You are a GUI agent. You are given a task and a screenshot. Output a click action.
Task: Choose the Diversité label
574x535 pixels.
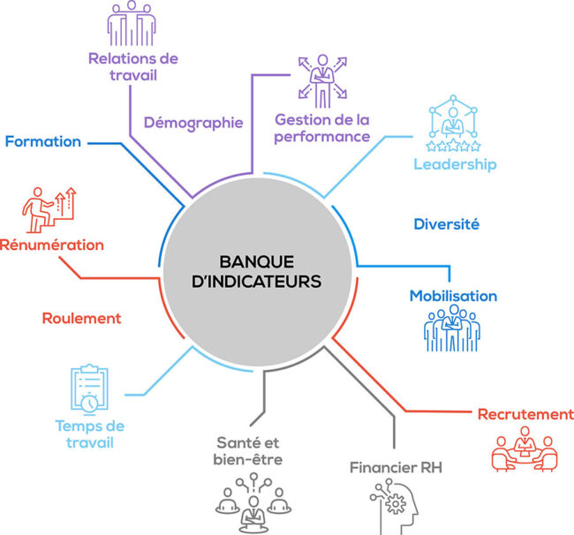point(446,224)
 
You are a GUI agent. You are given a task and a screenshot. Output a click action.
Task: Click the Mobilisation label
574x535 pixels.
point(453,296)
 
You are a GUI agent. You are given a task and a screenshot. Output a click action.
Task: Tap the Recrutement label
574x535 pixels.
point(525,414)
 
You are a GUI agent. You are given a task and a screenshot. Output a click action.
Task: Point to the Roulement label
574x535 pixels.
point(81,318)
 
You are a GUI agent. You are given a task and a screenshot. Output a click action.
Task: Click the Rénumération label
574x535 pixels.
point(52,245)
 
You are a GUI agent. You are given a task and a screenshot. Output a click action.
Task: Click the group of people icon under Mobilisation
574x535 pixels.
point(453,331)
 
